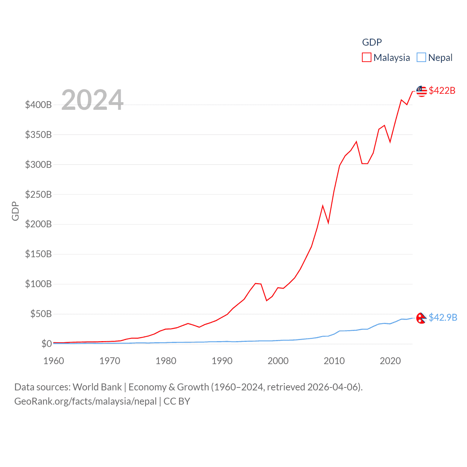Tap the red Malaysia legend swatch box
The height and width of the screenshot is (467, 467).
click(366, 58)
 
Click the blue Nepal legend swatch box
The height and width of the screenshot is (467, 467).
click(421, 58)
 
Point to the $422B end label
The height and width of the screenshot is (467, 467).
click(442, 90)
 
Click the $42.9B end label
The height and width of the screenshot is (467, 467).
click(443, 317)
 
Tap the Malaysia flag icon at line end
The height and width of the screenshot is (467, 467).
click(421, 91)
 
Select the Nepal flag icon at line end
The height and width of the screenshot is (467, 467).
click(421, 318)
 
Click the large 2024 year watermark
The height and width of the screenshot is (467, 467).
click(92, 100)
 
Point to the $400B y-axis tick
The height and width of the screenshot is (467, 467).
click(38, 105)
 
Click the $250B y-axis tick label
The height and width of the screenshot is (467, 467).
click(38, 194)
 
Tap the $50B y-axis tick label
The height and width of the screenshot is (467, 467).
click(41, 314)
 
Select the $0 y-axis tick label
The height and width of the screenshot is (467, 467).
click(46, 344)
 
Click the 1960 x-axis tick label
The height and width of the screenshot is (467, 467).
click(54, 361)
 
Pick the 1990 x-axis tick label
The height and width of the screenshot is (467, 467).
click(222, 361)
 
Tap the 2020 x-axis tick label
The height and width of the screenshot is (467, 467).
click(390, 361)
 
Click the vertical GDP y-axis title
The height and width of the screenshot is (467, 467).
click(15, 211)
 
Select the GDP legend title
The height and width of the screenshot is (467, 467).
click(372, 42)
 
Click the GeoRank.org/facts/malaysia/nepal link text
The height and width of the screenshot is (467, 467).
click(85, 401)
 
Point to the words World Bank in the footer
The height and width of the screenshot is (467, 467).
click(97, 387)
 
